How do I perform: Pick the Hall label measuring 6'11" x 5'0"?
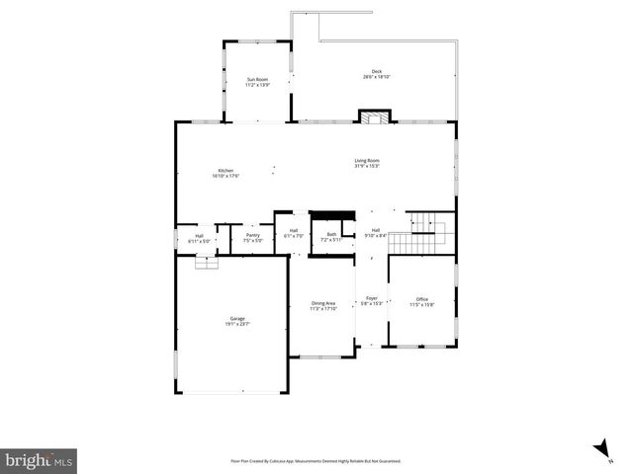point(199,238)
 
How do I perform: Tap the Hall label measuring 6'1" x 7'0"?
point(294,232)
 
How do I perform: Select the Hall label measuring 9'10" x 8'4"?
point(376,232)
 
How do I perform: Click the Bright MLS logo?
point(39,459)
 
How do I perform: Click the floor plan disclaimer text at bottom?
point(316,460)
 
